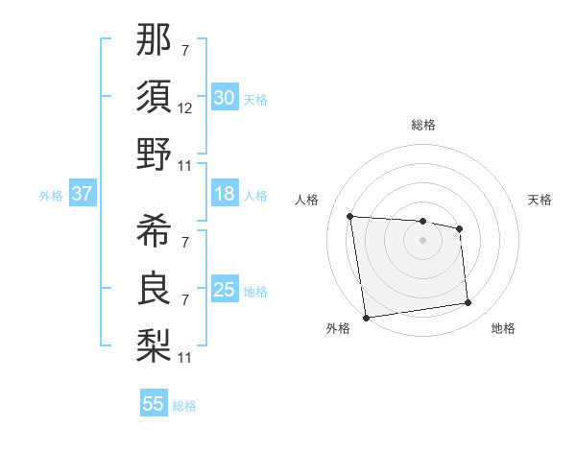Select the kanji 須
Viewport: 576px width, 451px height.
tap(154, 97)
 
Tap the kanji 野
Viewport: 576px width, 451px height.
tap(154, 154)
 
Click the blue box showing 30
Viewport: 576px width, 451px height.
tap(224, 98)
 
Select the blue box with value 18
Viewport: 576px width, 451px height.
tap(224, 194)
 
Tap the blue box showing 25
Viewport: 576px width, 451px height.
tap(224, 290)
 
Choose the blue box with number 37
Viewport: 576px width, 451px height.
tap(82, 194)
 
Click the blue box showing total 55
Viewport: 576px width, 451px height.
tap(154, 404)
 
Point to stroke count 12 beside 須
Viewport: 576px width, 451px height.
tap(185, 108)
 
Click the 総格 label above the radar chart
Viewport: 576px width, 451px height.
tap(422, 125)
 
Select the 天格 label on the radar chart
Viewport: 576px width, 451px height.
tap(540, 200)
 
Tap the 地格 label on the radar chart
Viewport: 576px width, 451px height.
tap(503, 328)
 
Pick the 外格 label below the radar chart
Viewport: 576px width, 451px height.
tap(338, 328)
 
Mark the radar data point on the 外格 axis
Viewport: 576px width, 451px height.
tap(366, 317)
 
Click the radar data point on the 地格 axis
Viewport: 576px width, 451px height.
tap(468, 303)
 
